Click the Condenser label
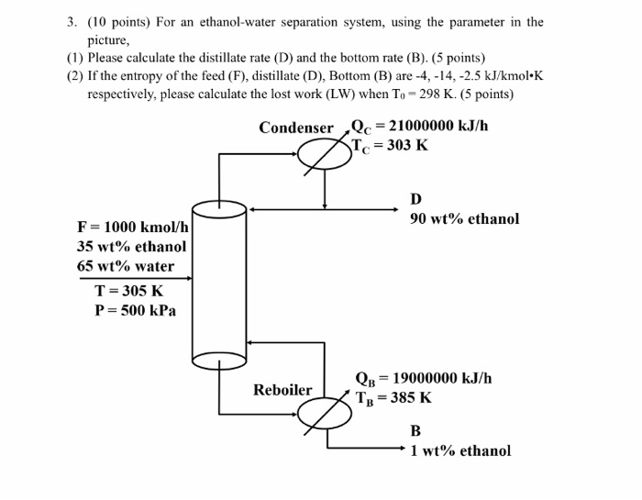[295, 128]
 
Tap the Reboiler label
[282, 390]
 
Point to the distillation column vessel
[219, 284]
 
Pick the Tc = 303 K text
[391, 145]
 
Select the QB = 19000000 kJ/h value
[424, 378]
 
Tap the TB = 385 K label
[394, 398]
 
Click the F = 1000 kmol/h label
[133, 227]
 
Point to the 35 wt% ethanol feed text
[132, 246]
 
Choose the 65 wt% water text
[126, 266]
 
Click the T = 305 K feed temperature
[129, 291]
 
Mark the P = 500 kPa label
[136, 310]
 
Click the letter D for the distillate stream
[416, 199]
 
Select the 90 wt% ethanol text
[464, 218]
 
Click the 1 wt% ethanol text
[460, 450]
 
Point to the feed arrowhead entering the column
[188, 277]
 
